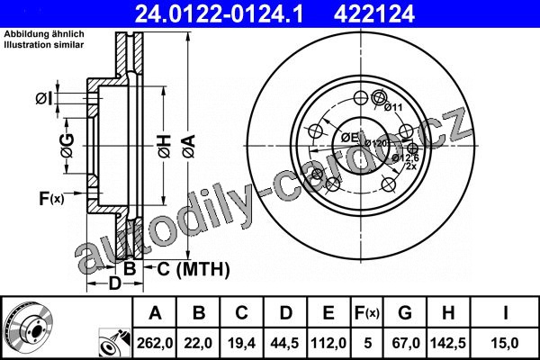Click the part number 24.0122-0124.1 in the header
point(219,14)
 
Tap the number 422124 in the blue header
point(374,14)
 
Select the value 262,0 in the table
point(155,343)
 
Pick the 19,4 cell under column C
point(241,343)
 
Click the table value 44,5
point(284,343)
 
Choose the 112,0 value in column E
point(328,343)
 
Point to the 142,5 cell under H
point(447,343)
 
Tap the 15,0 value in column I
point(504,343)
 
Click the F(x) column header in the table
point(367,313)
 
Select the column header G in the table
point(405,313)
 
